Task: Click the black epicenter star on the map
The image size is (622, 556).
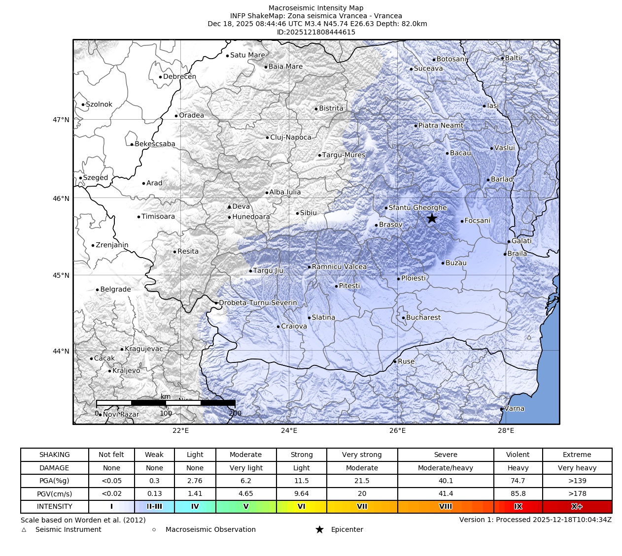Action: click(432, 218)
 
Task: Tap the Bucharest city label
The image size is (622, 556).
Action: click(423, 318)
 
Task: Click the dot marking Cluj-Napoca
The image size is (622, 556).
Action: click(268, 137)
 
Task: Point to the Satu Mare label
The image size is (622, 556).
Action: click(247, 55)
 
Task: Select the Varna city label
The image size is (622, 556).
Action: click(514, 408)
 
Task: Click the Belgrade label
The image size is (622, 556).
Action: click(115, 290)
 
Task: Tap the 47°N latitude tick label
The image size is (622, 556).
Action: click(61, 120)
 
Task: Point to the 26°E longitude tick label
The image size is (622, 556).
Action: click(397, 431)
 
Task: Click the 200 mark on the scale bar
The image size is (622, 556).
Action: click(235, 413)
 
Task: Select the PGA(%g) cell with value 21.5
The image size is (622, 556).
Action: click(362, 481)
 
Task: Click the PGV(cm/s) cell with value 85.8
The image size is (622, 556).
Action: click(518, 493)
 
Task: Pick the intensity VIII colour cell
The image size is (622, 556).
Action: click(445, 506)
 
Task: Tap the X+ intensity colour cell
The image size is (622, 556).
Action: click(577, 506)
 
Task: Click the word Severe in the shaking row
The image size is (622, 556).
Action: click(445, 455)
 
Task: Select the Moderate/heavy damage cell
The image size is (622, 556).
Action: click(445, 468)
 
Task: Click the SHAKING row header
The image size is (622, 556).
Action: click(54, 455)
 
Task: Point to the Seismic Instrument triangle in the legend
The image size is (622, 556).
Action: click(24, 530)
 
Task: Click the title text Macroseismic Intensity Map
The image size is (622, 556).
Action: click(316, 8)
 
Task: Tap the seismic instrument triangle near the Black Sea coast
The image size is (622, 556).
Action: click(529, 337)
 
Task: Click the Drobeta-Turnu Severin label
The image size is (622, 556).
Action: click(258, 303)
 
